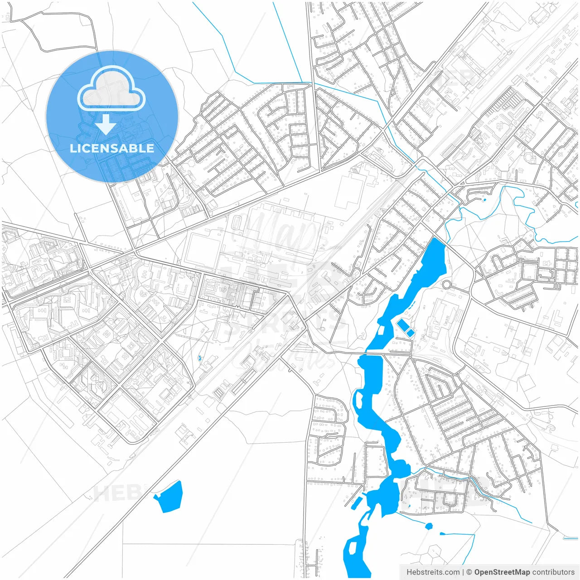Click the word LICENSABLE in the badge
coord(112,148)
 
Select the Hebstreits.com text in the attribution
coord(433,572)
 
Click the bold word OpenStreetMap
coord(502,572)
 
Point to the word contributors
coord(553,572)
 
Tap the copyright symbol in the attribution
coord(469,572)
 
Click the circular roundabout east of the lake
coord(447,285)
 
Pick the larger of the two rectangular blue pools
coord(402,324)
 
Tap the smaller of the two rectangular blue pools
coord(410,333)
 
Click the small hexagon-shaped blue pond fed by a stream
coord(429,526)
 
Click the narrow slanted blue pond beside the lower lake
coord(356,502)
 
